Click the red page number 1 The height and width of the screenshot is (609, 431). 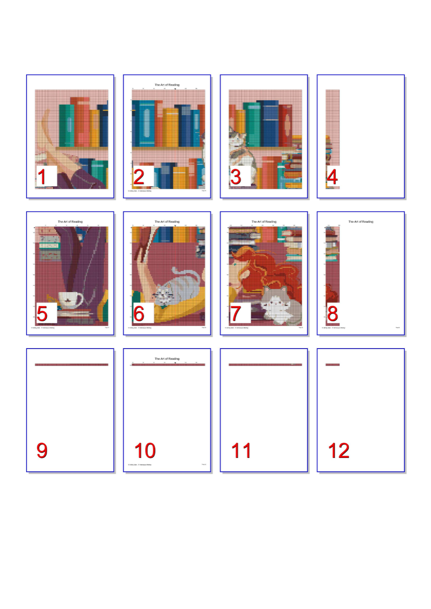click(x=42, y=177)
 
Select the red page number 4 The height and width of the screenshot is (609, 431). click(x=332, y=177)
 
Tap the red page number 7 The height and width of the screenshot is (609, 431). click(x=236, y=314)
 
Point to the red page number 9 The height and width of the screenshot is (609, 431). click(x=42, y=451)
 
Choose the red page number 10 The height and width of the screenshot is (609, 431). click(x=145, y=451)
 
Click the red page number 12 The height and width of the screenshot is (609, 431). click(x=338, y=451)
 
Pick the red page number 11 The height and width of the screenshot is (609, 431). click(x=241, y=451)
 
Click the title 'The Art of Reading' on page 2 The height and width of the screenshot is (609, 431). click(x=167, y=85)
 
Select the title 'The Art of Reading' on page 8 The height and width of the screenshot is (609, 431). click(x=361, y=222)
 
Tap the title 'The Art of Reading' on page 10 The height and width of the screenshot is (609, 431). click(x=167, y=359)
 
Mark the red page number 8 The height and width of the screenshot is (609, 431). click(x=332, y=314)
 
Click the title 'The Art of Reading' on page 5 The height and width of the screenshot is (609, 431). click(x=70, y=222)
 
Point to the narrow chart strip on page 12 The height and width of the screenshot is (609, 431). click(x=332, y=365)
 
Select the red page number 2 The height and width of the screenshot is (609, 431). click(x=139, y=177)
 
